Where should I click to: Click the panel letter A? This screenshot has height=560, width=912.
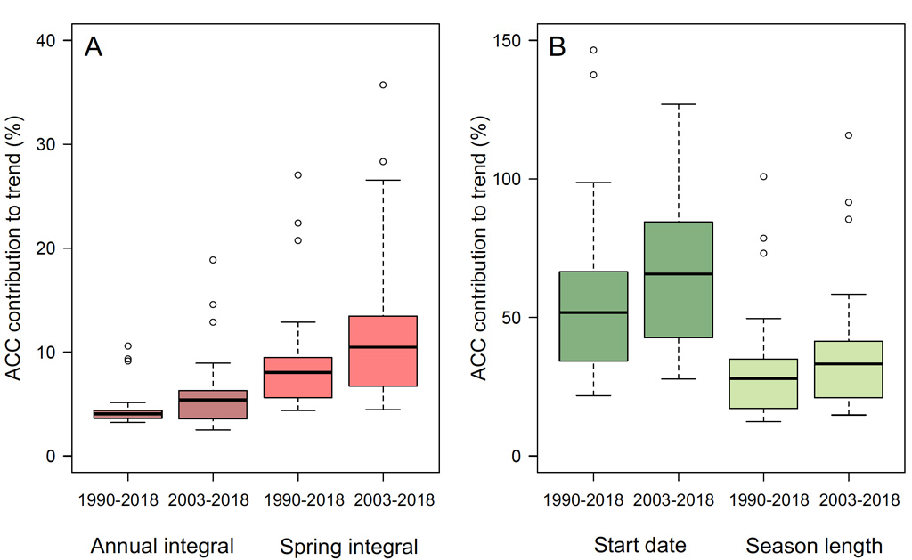tap(94, 47)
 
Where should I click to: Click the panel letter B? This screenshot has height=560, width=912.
tap(558, 47)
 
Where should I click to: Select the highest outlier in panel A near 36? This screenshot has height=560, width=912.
tap(383, 85)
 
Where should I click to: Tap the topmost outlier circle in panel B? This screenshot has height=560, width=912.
tap(593, 50)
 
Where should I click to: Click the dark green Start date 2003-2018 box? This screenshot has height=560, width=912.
tap(678, 280)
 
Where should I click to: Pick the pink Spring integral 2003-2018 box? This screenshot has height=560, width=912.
tap(383, 351)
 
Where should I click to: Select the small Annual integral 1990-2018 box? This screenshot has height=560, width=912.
tap(128, 414)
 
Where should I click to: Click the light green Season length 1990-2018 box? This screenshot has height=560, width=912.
tap(762, 383)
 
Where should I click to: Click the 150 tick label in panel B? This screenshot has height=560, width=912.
tap(511, 41)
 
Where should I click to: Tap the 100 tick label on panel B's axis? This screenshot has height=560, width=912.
tap(511, 179)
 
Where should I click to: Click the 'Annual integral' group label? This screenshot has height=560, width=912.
tap(163, 546)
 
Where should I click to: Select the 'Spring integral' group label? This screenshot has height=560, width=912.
tap(348, 546)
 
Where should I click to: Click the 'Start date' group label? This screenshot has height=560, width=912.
tap(635, 546)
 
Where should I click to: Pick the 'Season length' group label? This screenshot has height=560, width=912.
tap(813, 546)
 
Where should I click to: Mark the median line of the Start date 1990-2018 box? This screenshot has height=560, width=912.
tap(593, 312)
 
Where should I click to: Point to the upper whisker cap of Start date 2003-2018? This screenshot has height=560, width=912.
tap(678, 104)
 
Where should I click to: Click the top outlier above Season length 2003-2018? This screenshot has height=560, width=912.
tap(848, 135)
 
